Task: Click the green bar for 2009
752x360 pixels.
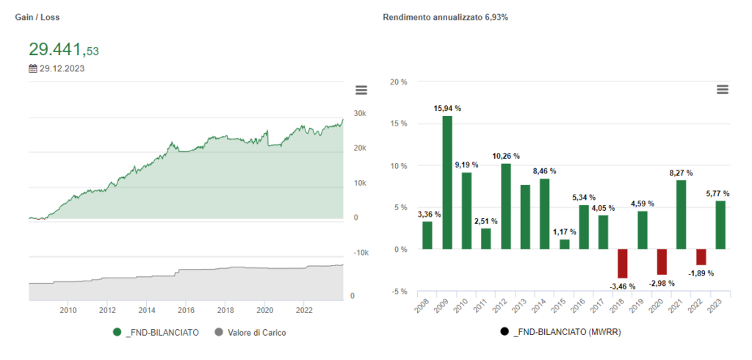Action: click(x=446, y=182)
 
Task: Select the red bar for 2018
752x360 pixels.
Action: click(x=623, y=264)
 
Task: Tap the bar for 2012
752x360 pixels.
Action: click(x=506, y=206)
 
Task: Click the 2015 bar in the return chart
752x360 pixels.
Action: click(x=565, y=245)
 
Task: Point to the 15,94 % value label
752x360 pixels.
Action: click(x=447, y=108)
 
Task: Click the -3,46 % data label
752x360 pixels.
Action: click(x=623, y=285)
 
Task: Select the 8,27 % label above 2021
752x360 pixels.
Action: click(x=681, y=173)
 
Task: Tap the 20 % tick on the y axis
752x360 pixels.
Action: click(x=398, y=82)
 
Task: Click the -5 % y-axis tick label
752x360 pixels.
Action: click(x=398, y=292)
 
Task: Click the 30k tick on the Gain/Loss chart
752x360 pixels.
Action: click(x=360, y=114)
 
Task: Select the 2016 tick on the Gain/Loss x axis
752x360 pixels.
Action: click(x=186, y=310)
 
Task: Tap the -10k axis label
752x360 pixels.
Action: click(x=360, y=253)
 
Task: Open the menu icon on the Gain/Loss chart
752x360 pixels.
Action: click(x=361, y=90)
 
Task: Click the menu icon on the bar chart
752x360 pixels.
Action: click(x=723, y=89)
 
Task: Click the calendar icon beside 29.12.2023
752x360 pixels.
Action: click(x=33, y=69)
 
